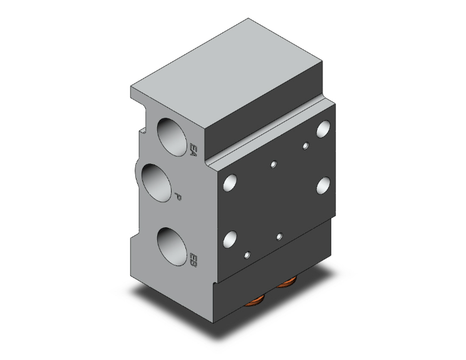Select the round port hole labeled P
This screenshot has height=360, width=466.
click(x=157, y=183)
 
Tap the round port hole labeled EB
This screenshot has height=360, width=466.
click(x=172, y=247)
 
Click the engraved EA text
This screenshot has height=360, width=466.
click(x=193, y=150)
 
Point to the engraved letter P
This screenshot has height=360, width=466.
click(x=178, y=197)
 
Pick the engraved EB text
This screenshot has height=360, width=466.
click(x=193, y=260)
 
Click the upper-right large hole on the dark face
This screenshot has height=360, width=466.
click(x=323, y=129)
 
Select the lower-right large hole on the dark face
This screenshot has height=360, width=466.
click(x=323, y=186)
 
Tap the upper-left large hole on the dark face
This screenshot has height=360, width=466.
click(x=230, y=183)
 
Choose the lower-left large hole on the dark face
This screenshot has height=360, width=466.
click(x=230, y=240)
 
